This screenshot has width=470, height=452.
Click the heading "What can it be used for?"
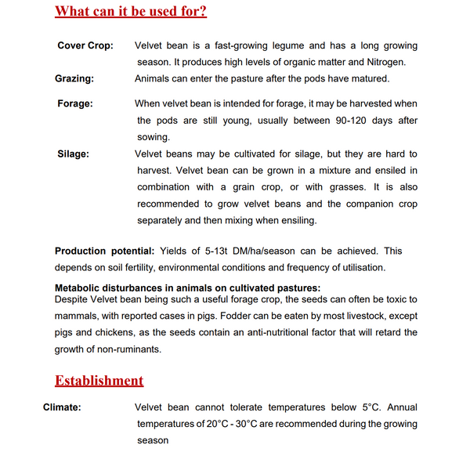click(x=131, y=13)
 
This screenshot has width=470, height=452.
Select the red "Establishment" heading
click(x=99, y=381)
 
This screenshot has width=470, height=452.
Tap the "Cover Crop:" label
click(x=85, y=46)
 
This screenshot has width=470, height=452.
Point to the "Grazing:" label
click(x=74, y=79)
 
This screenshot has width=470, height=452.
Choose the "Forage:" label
click(x=75, y=103)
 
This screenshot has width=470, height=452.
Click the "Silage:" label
click(x=73, y=154)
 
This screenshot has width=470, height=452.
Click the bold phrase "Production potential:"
click(x=103, y=251)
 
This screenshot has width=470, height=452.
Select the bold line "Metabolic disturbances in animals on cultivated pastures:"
click(x=187, y=287)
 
